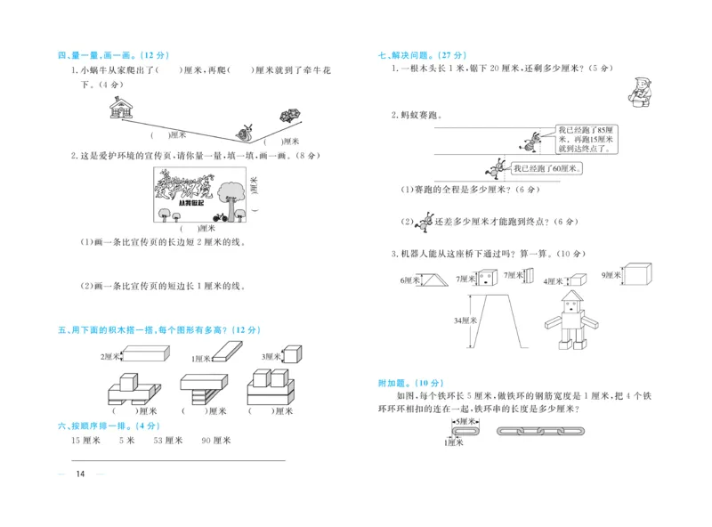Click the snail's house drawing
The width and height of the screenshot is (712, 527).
(x=119, y=108)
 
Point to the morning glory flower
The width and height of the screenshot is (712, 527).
(x=289, y=115)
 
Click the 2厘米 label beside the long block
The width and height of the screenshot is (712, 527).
(x=111, y=357)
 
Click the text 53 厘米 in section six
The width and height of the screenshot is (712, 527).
(x=167, y=441)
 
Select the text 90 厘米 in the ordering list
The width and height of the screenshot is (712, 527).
(x=216, y=441)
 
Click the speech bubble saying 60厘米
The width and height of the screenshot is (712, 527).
(x=546, y=168)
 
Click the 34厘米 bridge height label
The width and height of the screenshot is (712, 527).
(x=466, y=320)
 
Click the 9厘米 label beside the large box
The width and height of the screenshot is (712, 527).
(x=611, y=275)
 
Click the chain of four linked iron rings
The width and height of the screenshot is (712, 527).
(x=538, y=431)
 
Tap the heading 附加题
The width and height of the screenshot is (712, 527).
(x=393, y=383)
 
